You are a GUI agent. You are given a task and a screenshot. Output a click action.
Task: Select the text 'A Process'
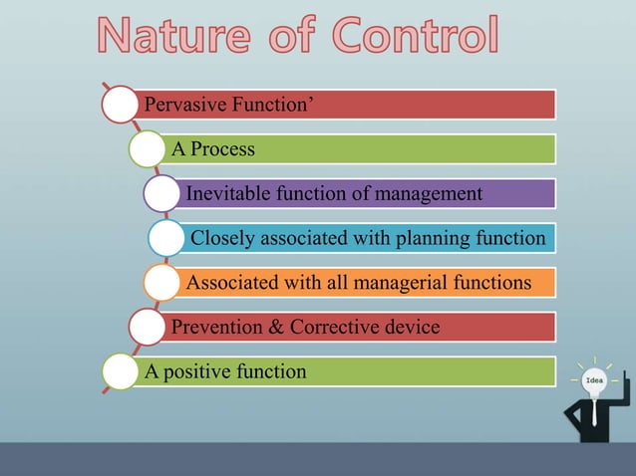click(x=213, y=149)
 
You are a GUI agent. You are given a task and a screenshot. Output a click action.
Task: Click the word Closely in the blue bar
click(x=222, y=238)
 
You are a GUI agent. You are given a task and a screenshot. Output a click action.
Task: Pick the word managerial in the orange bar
click(x=386, y=283)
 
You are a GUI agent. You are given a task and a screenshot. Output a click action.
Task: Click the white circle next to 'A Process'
click(x=148, y=149)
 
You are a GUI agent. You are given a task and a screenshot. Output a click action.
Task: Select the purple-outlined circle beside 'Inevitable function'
click(x=162, y=193)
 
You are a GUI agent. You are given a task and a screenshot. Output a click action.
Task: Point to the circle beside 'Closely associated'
click(x=165, y=239)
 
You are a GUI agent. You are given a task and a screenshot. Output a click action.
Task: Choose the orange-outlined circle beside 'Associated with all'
click(x=161, y=284)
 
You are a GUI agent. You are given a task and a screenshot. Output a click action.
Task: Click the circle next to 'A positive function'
click(x=121, y=372)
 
